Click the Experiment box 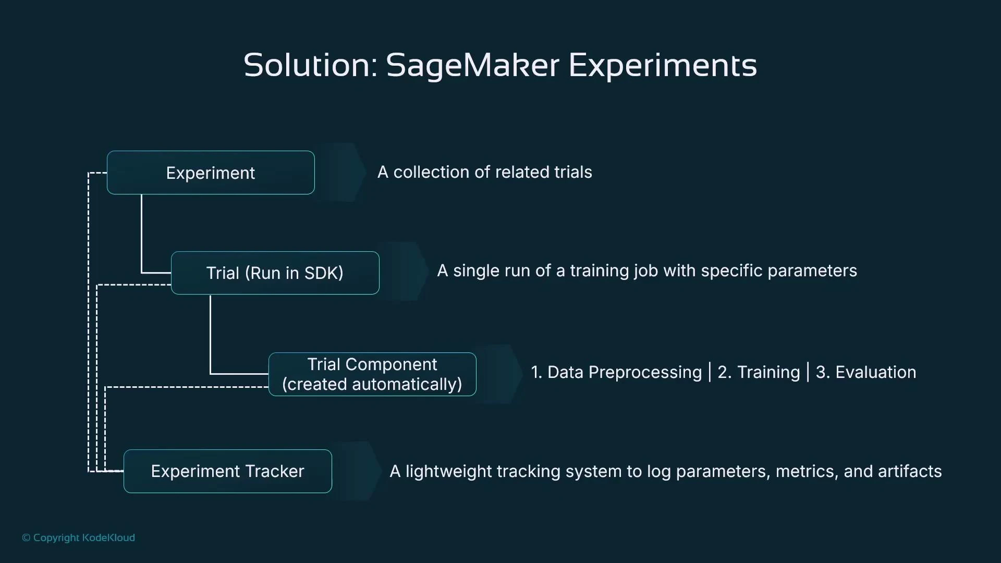(211, 173)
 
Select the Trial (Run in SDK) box (275, 273)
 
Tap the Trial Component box (372, 374)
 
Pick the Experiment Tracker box (227, 471)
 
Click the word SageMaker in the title (472, 66)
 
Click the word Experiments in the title (662, 66)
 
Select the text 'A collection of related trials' (484, 172)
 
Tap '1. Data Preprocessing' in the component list (616, 372)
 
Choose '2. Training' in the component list (759, 372)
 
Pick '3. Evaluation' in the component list (865, 372)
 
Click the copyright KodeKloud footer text (78, 537)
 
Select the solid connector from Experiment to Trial (141, 235)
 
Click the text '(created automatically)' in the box (372, 384)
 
